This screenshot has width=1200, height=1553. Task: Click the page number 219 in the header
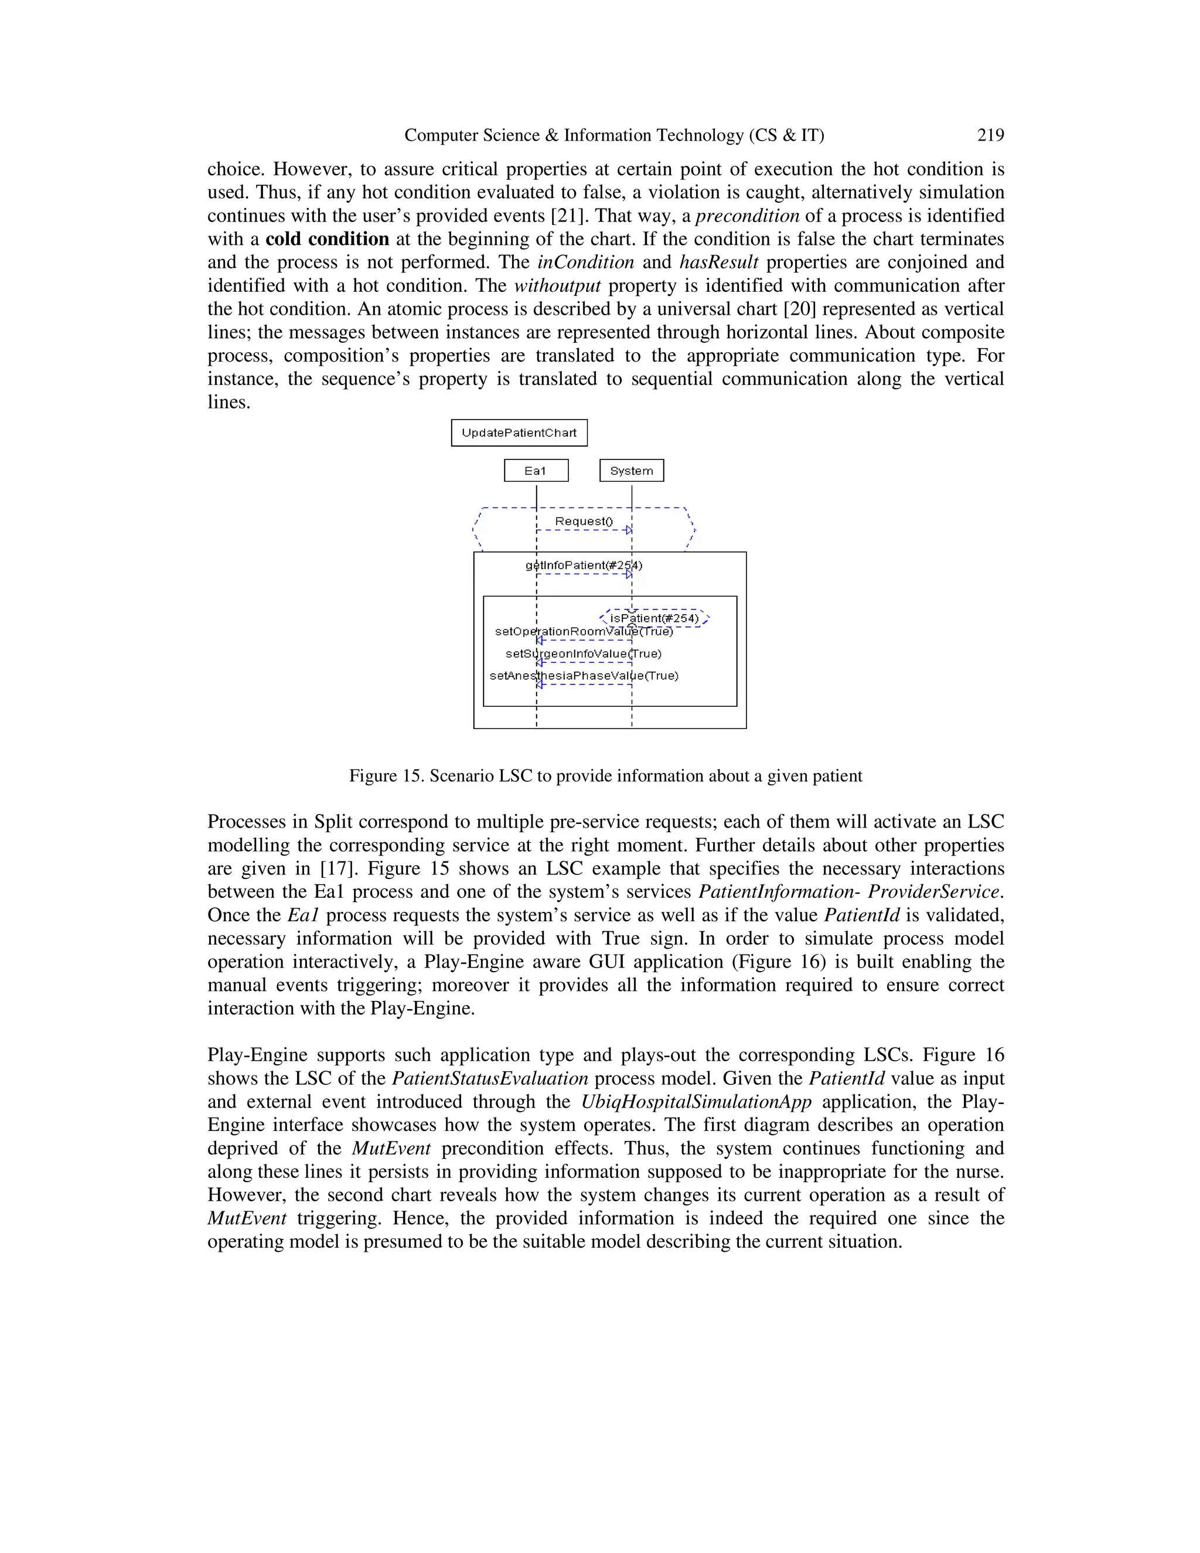click(x=990, y=135)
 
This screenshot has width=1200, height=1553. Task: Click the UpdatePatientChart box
click(x=519, y=432)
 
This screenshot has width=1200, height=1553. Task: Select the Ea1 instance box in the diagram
click(x=536, y=471)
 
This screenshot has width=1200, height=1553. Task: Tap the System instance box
click(x=631, y=471)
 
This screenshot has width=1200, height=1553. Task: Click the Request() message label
click(x=584, y=521)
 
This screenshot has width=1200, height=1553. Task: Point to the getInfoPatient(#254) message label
click(x=584, y=566)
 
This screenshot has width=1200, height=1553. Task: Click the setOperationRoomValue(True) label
click(x=584, y=631)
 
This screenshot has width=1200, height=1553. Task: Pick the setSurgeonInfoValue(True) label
click(x=584, y=653)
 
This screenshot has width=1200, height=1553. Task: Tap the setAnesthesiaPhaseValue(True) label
click(x=584, y=676)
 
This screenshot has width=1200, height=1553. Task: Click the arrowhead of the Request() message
click(x=629, y=530)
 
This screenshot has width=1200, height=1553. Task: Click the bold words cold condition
click(x=327, y=239)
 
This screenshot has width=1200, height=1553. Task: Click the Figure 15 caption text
click(x=605, y=776)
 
